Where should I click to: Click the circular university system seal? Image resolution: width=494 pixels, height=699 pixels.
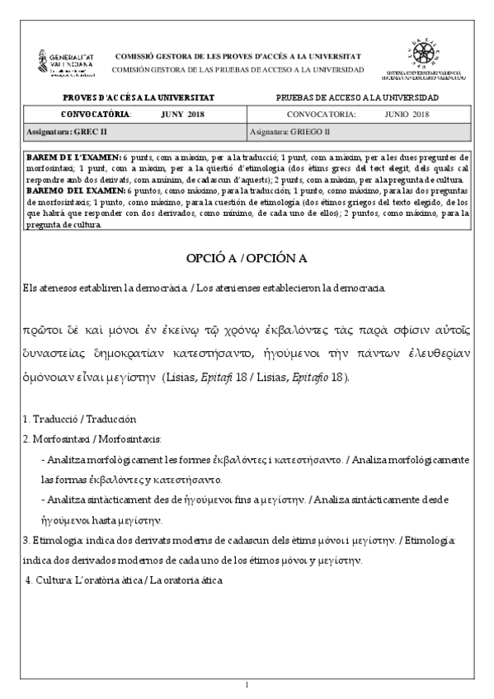point(424,55)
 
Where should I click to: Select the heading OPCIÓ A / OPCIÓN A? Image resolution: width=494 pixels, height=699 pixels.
point(247,258)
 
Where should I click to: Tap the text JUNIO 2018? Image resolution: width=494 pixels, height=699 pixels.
point(407,114)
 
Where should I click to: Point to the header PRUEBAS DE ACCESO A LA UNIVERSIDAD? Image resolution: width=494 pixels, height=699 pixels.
point(357,98)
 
